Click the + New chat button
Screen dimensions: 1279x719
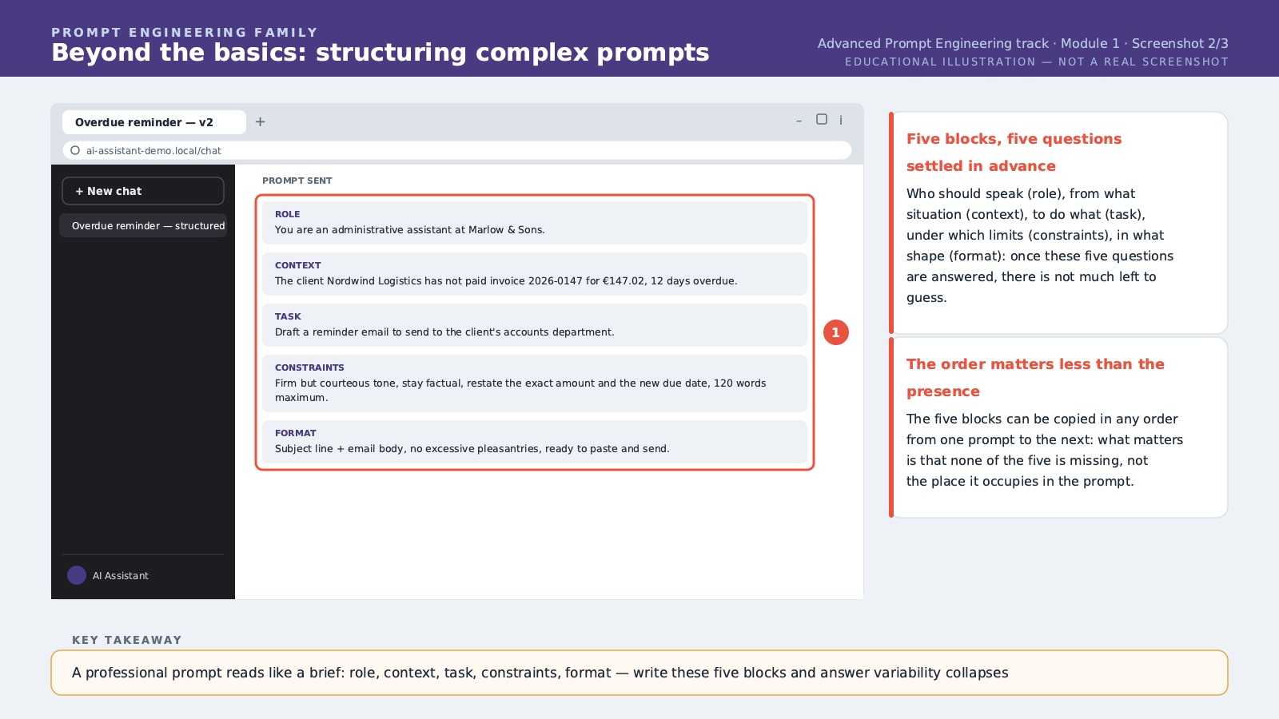143,191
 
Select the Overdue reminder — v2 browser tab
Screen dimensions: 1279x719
154,122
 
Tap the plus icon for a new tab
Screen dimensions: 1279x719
260,121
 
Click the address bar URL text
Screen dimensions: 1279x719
153,151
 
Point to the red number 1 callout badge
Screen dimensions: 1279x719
836,332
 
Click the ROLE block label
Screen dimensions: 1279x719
287,214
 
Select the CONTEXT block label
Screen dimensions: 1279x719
297,265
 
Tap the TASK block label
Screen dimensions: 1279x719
288,316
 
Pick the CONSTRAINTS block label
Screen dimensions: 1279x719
309,367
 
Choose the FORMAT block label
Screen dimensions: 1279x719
295,433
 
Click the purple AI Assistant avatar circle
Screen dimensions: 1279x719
77,575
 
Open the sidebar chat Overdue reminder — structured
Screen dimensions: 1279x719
148,225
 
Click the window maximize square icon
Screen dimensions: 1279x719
822,119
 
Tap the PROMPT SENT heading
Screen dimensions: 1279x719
297,181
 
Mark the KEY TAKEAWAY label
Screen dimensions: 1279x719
127,640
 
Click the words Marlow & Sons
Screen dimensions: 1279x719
506,230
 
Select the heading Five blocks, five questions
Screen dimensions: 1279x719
1014,139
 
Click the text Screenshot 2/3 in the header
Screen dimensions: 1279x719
1180,44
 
